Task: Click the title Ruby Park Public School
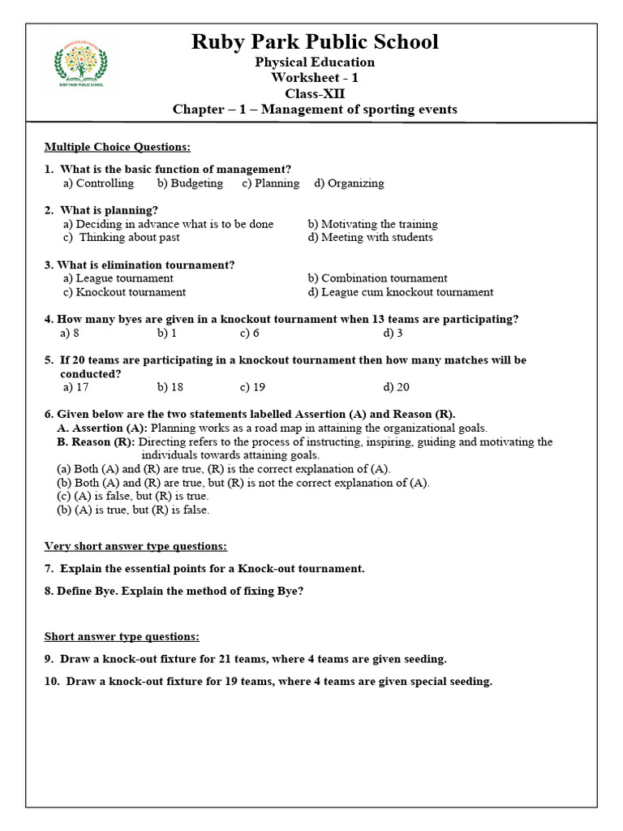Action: click(315, 42)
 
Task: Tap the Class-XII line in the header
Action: click(315, 93)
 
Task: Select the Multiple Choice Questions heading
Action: click(118, 147)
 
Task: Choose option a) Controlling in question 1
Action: click(99, 183)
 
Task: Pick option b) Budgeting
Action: click(191, 183)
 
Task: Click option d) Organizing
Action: click(350, 183)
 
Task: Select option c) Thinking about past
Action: click(122, 238)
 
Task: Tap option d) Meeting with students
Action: click(371, 238)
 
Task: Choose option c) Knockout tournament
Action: click(125, 292)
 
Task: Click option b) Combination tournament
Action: click(378, 278)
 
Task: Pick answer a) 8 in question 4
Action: click(70, 333)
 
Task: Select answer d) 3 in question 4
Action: click(393, 333)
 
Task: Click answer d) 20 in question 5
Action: click(397, 387)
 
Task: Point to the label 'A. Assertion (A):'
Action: click(102, 428)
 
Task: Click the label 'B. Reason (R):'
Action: click(97, 442)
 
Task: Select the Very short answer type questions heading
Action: click(135, 546)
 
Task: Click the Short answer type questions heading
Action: click(122, 637)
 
